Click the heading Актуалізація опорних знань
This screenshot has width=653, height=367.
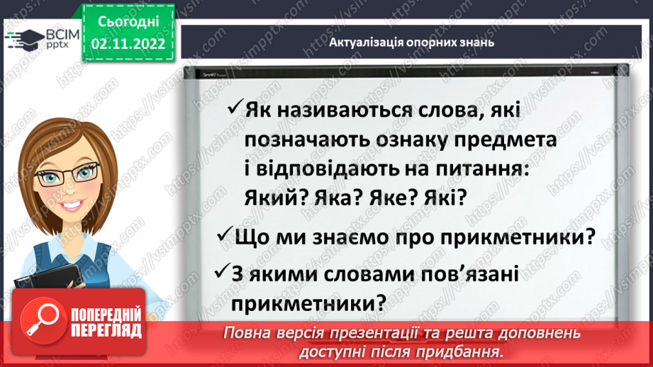411,43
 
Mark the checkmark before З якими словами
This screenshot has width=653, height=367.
222,272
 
